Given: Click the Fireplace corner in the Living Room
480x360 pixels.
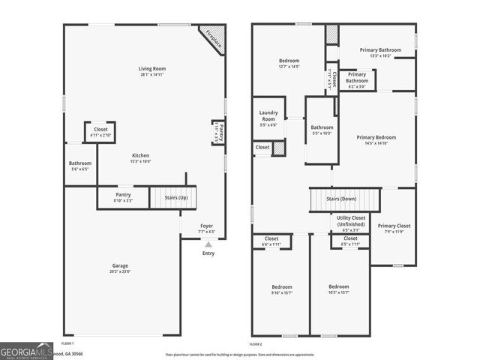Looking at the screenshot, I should [214, 39].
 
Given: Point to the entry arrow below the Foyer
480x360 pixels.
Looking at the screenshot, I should [208, 244].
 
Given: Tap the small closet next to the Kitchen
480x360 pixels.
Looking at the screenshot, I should [100, 132].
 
